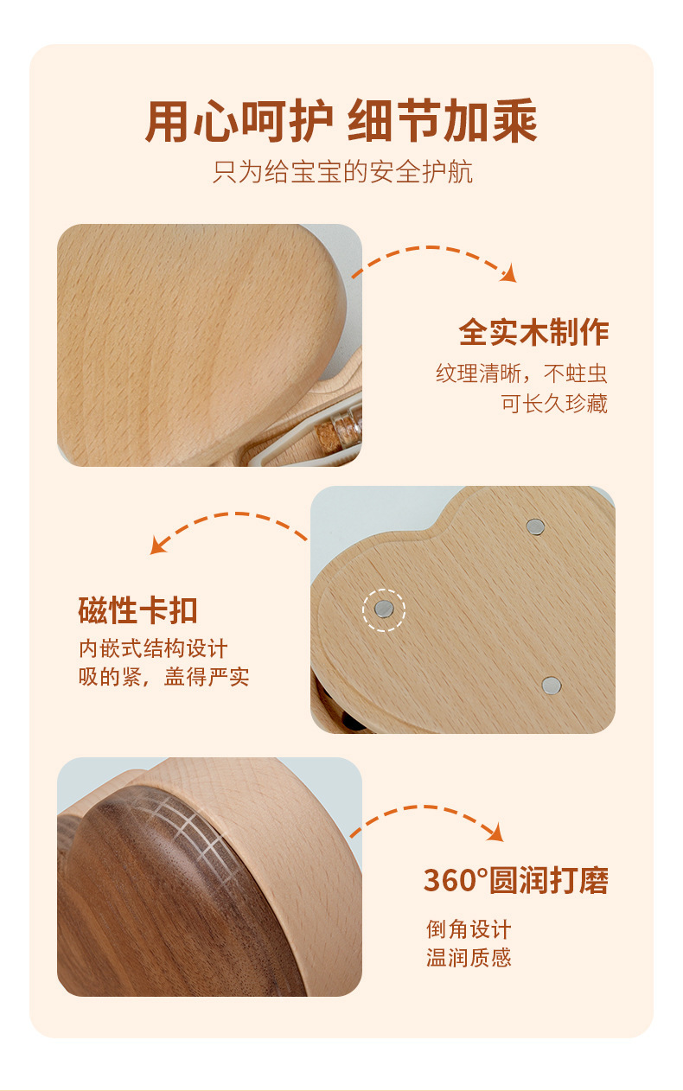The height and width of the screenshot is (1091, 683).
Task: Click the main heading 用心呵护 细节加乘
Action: (x=341, y=120)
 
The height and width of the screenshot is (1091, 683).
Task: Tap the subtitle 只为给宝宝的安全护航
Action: (x=342, y=172)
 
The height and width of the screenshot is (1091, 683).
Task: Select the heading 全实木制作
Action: (x=533, y=333)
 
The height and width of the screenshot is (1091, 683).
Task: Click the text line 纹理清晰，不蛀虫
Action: (x=521, y=373)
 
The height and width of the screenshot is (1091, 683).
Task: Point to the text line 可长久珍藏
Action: (x=555, y=403)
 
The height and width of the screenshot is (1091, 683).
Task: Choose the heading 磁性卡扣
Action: (x=137, y=609)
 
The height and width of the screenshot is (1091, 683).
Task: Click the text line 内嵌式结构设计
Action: (x=153, y=648)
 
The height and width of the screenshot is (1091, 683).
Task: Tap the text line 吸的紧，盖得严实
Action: (x=163, y=677)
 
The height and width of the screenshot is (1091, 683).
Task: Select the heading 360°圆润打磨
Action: (x=516, y=880)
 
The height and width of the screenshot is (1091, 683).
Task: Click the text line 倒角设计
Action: (x=469, y=929)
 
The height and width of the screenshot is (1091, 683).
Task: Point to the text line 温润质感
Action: (x=469, y=958)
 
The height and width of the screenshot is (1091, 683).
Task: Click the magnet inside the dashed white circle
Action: (x=384, y=608)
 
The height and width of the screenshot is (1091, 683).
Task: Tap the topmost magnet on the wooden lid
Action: (x=535, y=526)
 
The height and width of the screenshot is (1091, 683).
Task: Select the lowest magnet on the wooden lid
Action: (x=552, y=685)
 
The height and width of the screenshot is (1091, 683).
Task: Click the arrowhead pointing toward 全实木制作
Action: (x=509, y=274)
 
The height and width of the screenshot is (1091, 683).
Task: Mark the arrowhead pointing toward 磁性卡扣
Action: (x=157, y=546)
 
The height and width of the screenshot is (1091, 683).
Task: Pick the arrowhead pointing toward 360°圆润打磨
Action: (x=496, y=833)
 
